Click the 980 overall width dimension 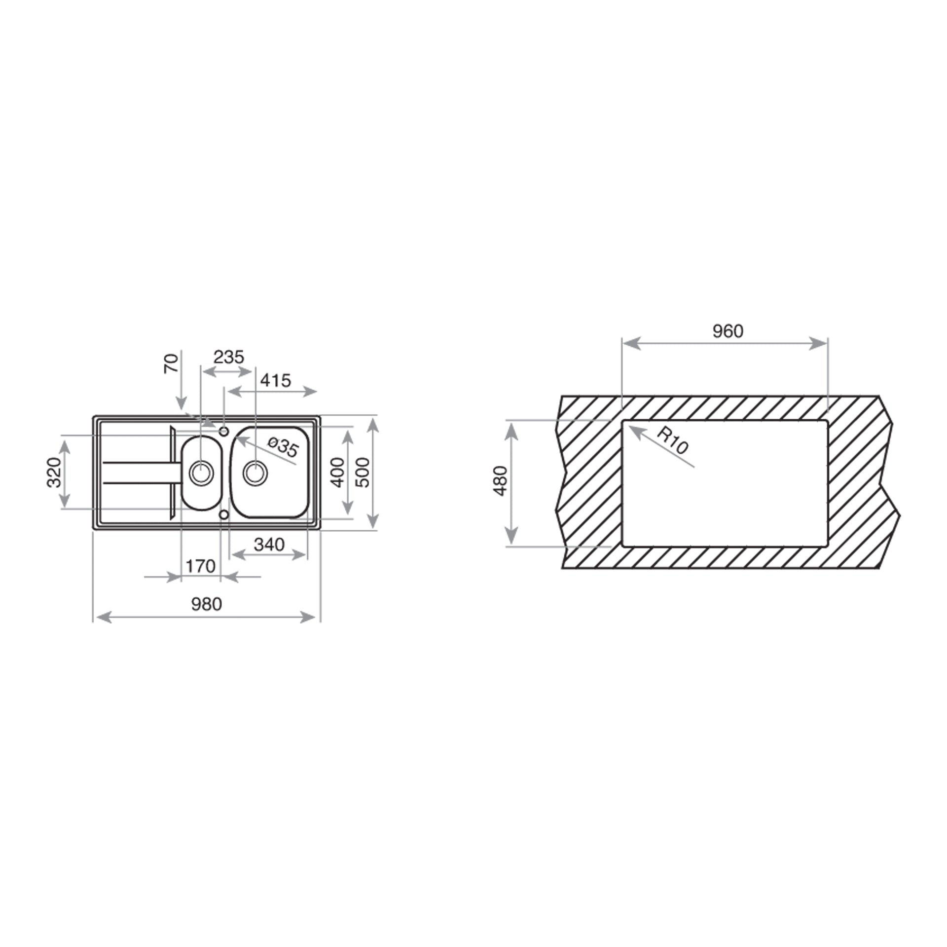(x=207, y=604)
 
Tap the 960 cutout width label (x=728, y=331)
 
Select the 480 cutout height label (x=500, y=480)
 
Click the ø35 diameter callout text (x=284, y=446)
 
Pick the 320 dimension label (x=54, y=472)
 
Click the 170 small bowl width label (x=200, y=566)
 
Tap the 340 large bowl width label (x=269, y=544)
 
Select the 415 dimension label (x=276, y=380)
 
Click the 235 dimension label (x=229, y=357)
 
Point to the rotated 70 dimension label (x=172, y=364)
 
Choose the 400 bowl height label (x=337, y=472)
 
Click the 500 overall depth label (x=363, y=472)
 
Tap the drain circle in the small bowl (x=201, y=473)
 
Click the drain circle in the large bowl (x=255, y=473)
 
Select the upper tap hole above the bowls (x=224, y=432)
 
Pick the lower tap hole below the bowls (x=224, y=515)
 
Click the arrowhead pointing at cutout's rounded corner (x=633, y=430)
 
